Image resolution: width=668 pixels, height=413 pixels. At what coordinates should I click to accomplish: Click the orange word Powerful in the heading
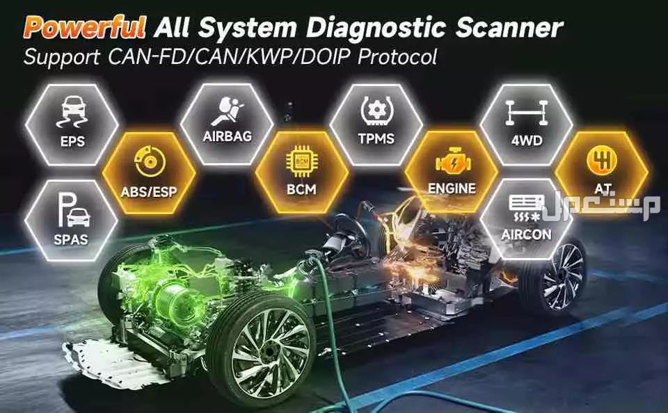tap(84, 27)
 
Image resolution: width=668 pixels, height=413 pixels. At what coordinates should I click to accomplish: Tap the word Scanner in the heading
tap(509, 28)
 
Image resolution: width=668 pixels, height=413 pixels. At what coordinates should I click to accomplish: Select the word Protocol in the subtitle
tap(397, 57)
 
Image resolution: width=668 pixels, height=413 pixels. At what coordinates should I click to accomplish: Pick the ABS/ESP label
tap(149, 192)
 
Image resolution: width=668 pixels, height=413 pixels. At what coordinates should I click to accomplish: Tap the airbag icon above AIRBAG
tap(229, 111)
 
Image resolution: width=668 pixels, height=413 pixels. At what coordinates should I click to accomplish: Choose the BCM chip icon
tap(301, 161)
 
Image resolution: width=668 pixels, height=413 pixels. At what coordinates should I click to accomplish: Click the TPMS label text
tap(376, 138)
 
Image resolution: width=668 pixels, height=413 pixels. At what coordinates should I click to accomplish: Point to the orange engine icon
tap(452, 163)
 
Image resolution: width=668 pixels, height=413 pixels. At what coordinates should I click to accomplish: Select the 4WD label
tap(527, 140)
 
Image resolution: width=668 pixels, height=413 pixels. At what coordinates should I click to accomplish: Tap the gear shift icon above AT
tap(601, 160)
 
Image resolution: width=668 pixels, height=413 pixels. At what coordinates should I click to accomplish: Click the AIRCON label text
tap(526, 234)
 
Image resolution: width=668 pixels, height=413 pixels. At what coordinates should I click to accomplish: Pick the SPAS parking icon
tap(73, 210)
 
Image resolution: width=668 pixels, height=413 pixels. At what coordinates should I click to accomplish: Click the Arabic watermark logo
tap(601, 206)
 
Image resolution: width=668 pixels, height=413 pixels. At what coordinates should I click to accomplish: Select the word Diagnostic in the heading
tap(376, 28)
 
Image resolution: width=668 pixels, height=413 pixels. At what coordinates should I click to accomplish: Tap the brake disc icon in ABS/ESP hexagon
tap(150, 161)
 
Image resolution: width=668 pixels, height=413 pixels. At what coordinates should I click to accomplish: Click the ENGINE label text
tap(452, 188)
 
